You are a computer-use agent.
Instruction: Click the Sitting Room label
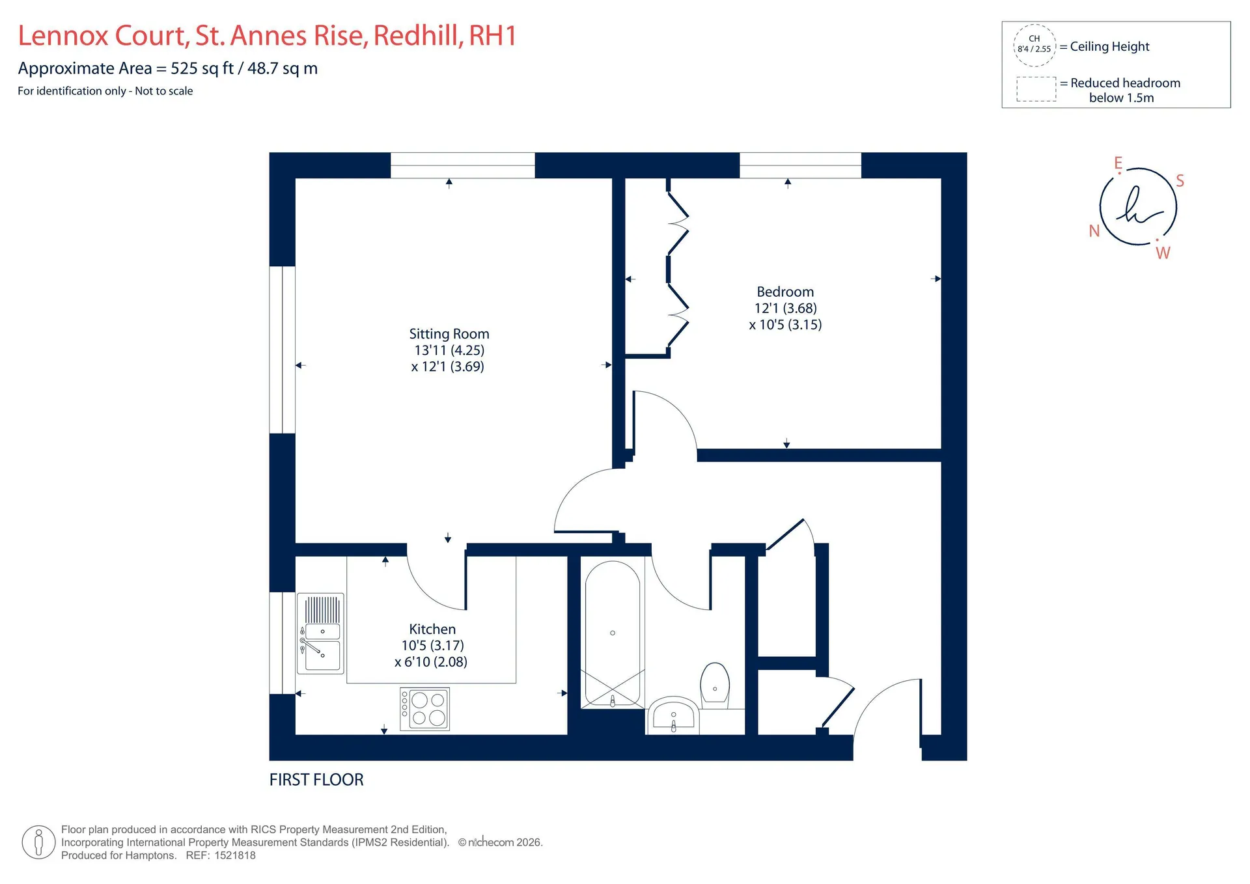coord(449,334)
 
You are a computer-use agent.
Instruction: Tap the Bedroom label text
coord(785,292)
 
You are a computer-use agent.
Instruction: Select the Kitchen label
coord(432,629)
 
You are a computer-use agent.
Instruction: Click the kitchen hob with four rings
coord(424,709)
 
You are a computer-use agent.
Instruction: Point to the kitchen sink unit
coord(320,633)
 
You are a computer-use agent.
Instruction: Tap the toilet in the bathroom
coord(715,686)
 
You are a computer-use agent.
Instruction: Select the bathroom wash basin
coord(673,715)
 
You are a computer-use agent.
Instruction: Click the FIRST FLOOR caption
coord(316,780)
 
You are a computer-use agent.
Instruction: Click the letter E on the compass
coord(1118,163)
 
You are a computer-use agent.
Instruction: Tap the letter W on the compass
coord(1163,253)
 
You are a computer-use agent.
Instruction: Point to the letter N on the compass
coord(1094,231)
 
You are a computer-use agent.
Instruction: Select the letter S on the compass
coord(1180,181)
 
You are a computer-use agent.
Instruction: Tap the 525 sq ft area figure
coord(202,68)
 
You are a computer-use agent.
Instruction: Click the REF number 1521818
coord(235,856)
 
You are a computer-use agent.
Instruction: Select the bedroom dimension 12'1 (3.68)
coord(785,309)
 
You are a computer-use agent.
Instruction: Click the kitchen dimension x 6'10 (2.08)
coord(431,662)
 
